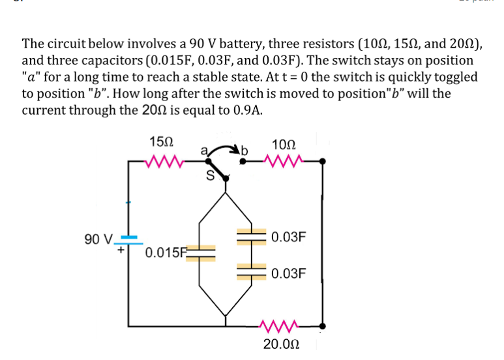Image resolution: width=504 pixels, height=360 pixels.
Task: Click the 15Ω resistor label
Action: pos(161,142)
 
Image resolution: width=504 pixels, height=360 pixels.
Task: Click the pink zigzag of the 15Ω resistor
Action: pos(160,160)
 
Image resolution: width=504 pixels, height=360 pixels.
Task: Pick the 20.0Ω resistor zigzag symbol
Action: pos(280,324)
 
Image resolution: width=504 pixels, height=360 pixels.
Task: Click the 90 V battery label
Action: pos(98,238)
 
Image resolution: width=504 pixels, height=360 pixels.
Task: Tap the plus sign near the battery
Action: pos(121,248)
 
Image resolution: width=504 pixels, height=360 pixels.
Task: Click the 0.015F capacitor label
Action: pos(166,252)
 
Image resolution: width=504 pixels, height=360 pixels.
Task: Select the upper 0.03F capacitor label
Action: pos(288,237)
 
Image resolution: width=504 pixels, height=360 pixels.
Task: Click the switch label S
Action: pos(210,175)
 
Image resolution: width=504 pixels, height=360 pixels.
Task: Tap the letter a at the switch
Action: pos(203,151)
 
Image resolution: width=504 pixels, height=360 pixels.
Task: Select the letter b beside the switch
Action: pos(246,152)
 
